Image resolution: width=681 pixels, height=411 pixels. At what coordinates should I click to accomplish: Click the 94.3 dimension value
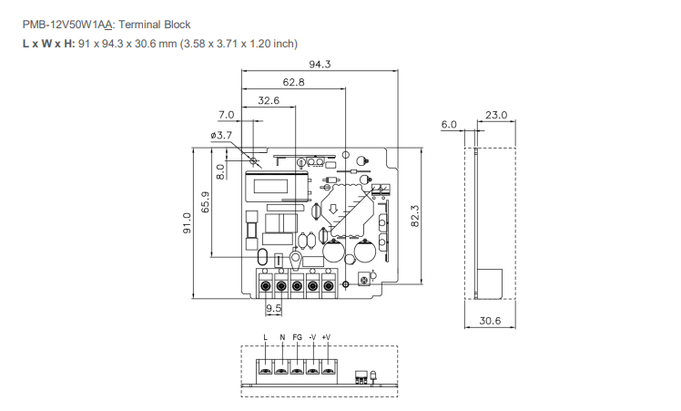pos(320,64)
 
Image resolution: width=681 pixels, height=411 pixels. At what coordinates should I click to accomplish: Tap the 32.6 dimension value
pos(269,100)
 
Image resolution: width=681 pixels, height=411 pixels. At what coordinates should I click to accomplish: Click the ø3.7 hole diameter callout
pos(221,135)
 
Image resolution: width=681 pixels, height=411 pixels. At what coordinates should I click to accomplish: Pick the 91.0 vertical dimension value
pos(187,222)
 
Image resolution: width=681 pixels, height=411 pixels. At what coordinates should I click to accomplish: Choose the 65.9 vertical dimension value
pos(206,201)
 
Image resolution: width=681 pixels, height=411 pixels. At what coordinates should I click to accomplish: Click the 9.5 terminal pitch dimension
pos(273,309)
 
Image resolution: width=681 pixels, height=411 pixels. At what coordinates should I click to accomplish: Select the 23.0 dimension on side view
pos(496,115)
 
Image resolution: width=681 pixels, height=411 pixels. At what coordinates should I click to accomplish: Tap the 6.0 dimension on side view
pos(449,124)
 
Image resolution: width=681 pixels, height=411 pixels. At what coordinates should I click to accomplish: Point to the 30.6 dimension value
pos(490,321)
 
